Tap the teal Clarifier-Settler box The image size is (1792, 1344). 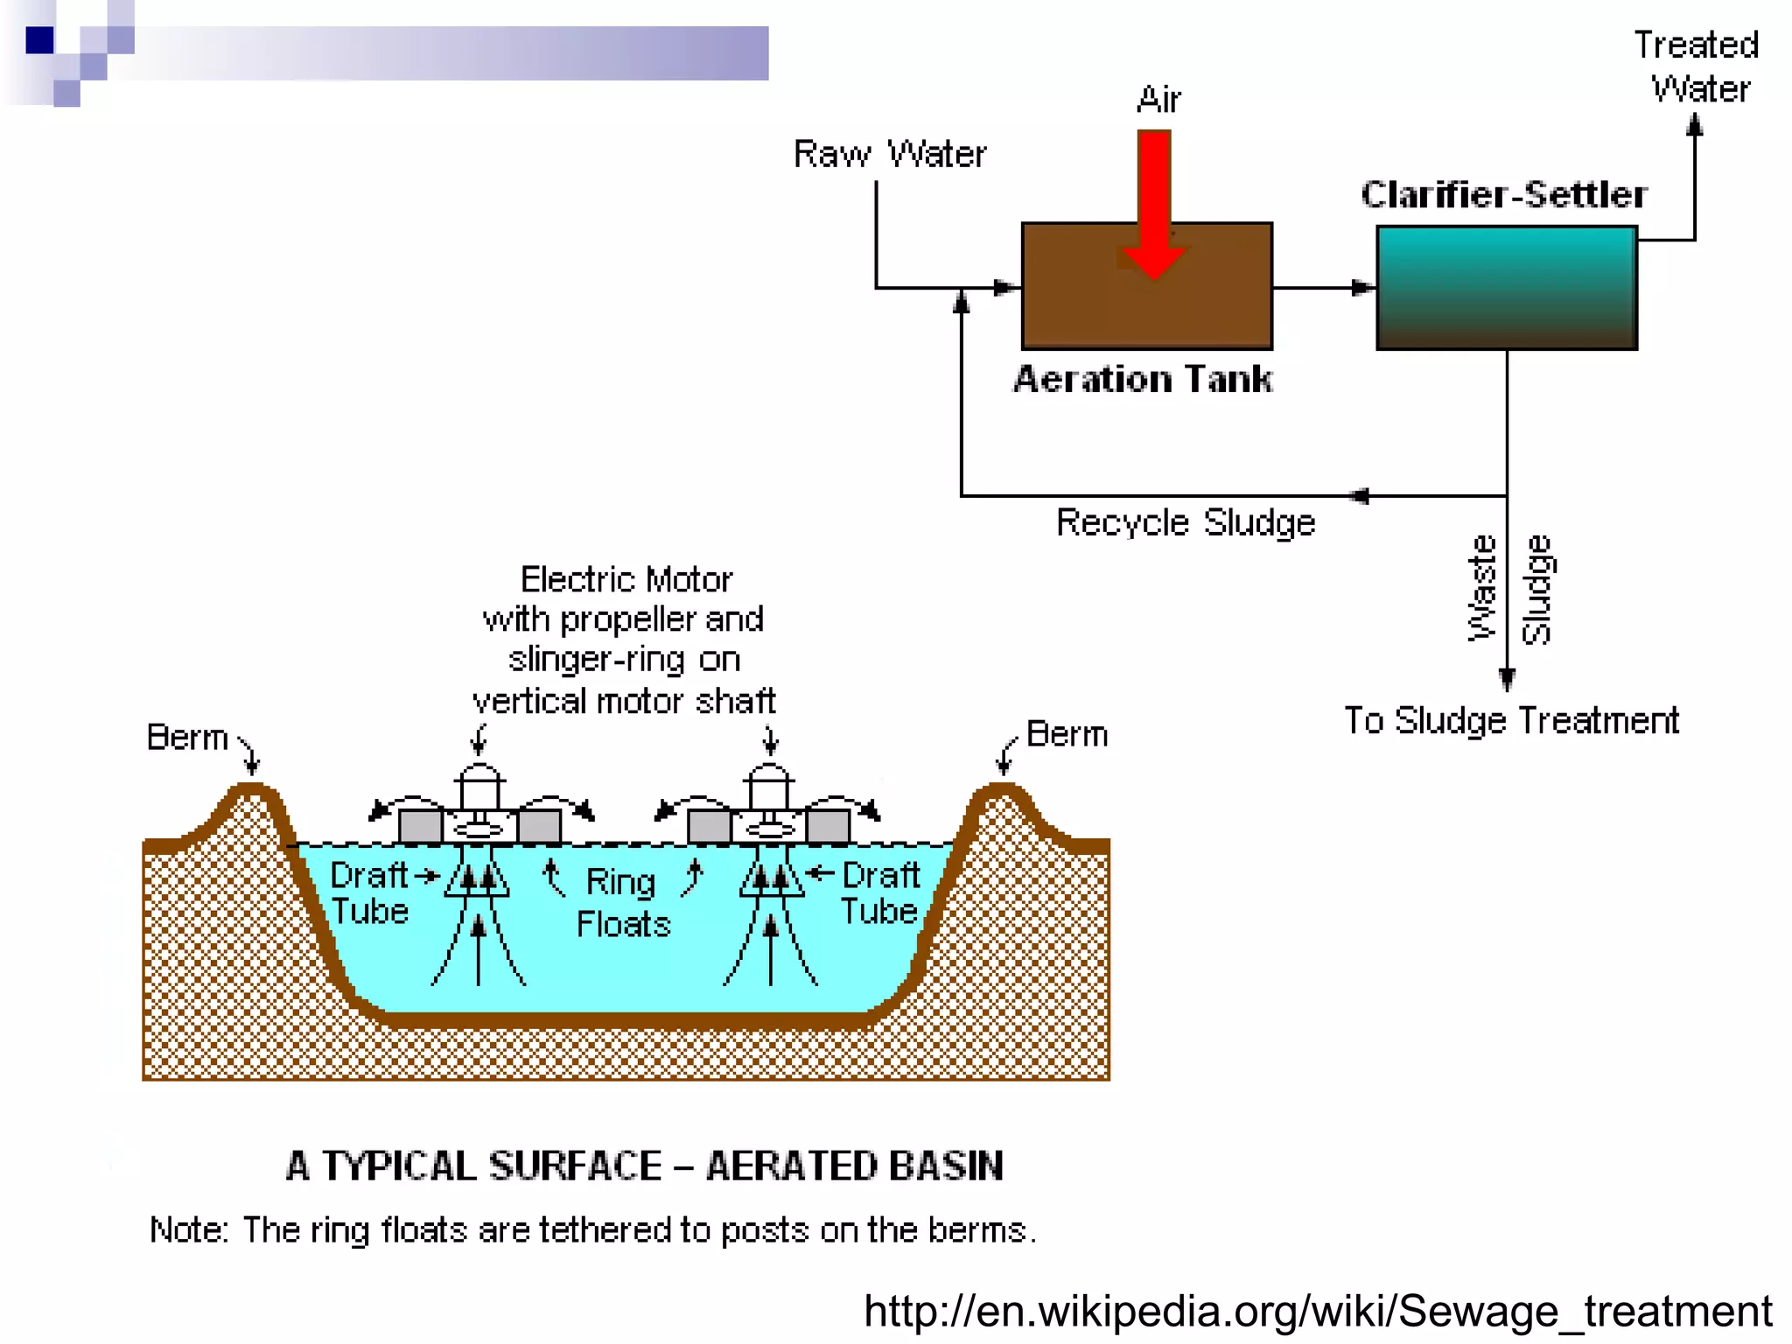(1506, 288)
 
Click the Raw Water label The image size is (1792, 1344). (889, 154)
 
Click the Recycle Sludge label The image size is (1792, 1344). (1186, 522)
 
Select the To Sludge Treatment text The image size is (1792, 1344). (1511, 721)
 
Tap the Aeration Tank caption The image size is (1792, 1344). (1143, 380)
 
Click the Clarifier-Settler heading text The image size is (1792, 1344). (1504, 194)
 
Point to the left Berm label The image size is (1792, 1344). (187, 738)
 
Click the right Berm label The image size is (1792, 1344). (1067, 734)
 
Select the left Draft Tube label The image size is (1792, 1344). (369, 893)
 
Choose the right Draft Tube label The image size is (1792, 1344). (880, 893)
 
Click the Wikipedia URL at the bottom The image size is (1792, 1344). (1318, 1311)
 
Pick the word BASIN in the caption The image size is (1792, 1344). (946, 1165)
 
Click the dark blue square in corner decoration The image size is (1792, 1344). (40, 40)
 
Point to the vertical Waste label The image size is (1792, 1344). (1481, 588)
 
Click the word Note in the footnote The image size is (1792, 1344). (188, 1230)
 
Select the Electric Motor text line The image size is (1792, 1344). (626, 579)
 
